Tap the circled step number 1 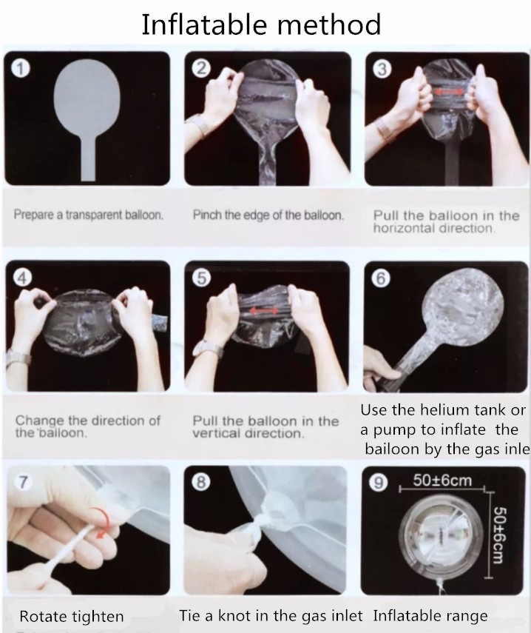click(x=20, y=68)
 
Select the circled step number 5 click(x=202, y=278)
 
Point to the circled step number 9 click(x=378, y=483)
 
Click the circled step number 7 click(x=23, y=483)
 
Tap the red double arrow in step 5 click(x=264, y=311)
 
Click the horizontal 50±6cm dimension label click(x=442, y=480)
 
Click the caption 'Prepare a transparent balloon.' click(x=89, y=215)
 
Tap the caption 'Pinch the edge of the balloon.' click(x=268, y=215)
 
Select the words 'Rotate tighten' click(x=71, y=617)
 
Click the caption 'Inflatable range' click(x=430, y=616)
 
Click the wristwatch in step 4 click(x=18, y=358)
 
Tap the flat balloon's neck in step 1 click(x=89, y=158)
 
